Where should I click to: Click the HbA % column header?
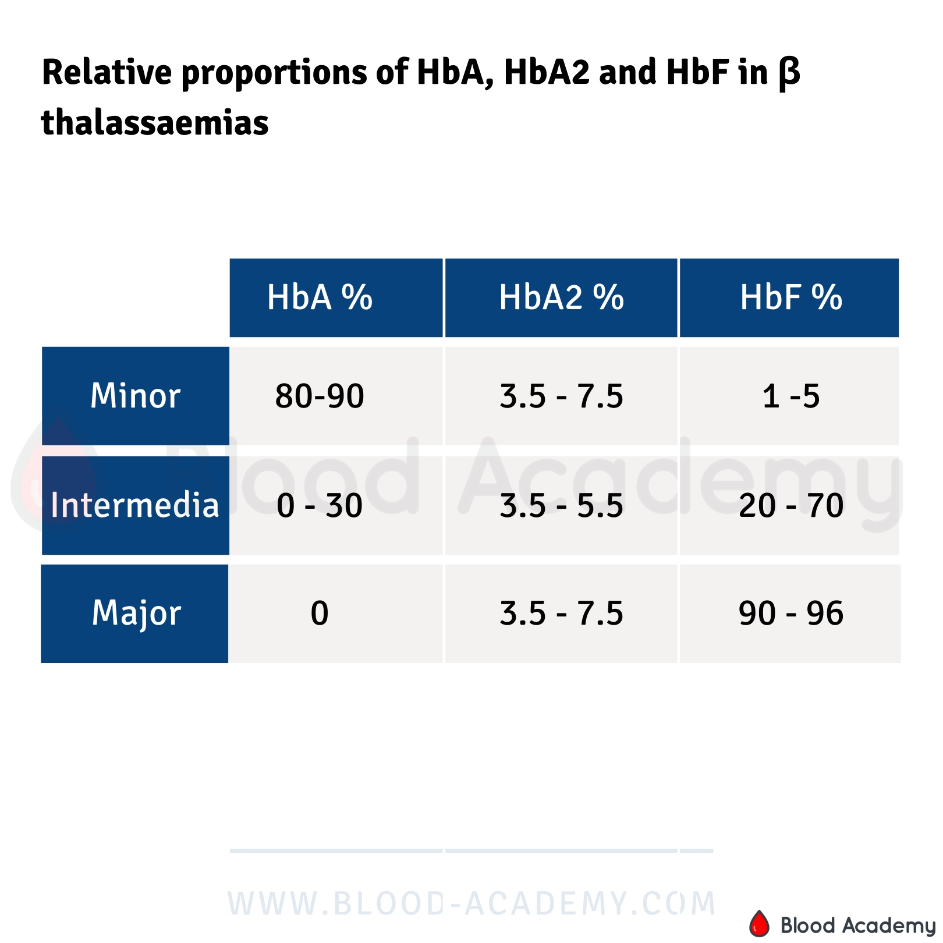pyautogui.click(x=320, y=297)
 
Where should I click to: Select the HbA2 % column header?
pyautogui.click(x=561, y=297)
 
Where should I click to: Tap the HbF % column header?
pyautogui.click(x=790, y=297)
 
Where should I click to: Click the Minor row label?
pyautogui.click(x=135, y=396)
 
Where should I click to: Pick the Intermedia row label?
pyautogui.click(x=135, y=505)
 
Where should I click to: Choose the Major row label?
pyautogui.click(x=136, y=613)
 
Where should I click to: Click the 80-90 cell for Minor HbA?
pyautogui.click(x=320, y=396)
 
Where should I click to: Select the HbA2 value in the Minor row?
pyautogui.click(x=561, y=396)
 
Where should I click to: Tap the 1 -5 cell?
pyautogui.click(x=790, y=396)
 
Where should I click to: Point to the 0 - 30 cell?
pyautogui.click(x=320, y=505)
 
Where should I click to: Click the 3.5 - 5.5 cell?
pyautogui.click(x=561, y=505)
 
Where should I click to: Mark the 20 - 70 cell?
pyautogui.click(x=790, y=505)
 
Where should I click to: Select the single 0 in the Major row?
pyautogui.click(x=320, y=614)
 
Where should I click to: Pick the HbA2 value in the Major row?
pyautogui.click(x=561, y=614)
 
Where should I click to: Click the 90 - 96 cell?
pyautogui.click(x=790, y=614)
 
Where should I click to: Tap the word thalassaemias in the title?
pyautogui.click(x=155, y=123)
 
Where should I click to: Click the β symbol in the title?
pyautogui.click(x=789, y=74)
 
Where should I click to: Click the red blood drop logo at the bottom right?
pyautogui.click(x=758, y=923)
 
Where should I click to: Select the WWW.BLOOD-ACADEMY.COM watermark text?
pyautogui.click(x=472, y=903)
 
